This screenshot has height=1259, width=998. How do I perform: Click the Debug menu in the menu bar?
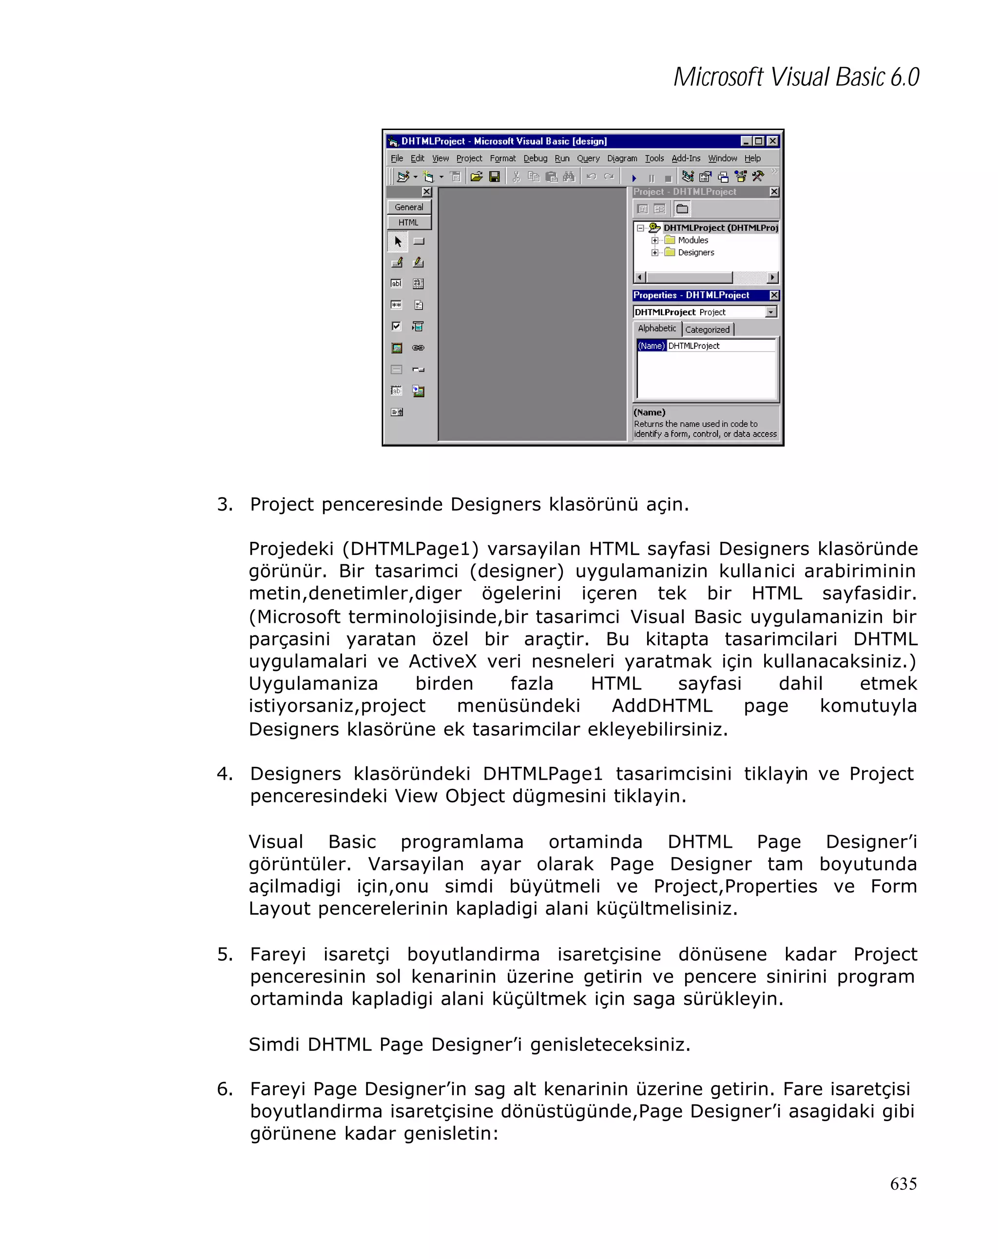(x=535, y=158)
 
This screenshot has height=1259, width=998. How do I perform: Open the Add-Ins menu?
(x=686, y=158)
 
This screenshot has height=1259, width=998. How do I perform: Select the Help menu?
(x=752, y=158)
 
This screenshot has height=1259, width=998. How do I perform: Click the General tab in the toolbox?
(x=409, y=207)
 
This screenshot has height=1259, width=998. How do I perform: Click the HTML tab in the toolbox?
(x=409, y=223)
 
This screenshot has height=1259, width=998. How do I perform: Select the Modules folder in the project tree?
(x=692, y=240)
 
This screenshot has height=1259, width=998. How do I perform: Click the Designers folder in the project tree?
(x=695, y=252)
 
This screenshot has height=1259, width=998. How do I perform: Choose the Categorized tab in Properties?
(x=707, y=329)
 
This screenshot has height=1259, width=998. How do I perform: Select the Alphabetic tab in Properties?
(x=657, y=328)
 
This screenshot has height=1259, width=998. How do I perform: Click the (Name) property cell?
(x=651, y=346)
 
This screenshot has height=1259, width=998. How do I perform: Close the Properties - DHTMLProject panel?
(x=774, y=295)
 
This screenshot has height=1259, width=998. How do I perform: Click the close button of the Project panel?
(x=774, y=191)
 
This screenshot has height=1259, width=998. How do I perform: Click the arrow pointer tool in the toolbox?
(x=398, y=241)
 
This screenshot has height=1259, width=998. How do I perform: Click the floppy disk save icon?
(x=494, y=176)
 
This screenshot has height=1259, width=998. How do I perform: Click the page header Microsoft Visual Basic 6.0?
(x=796, y=77)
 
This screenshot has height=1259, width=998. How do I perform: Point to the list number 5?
(x=224, y=954)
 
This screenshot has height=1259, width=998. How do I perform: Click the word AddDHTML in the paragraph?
(x=662, y=706)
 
